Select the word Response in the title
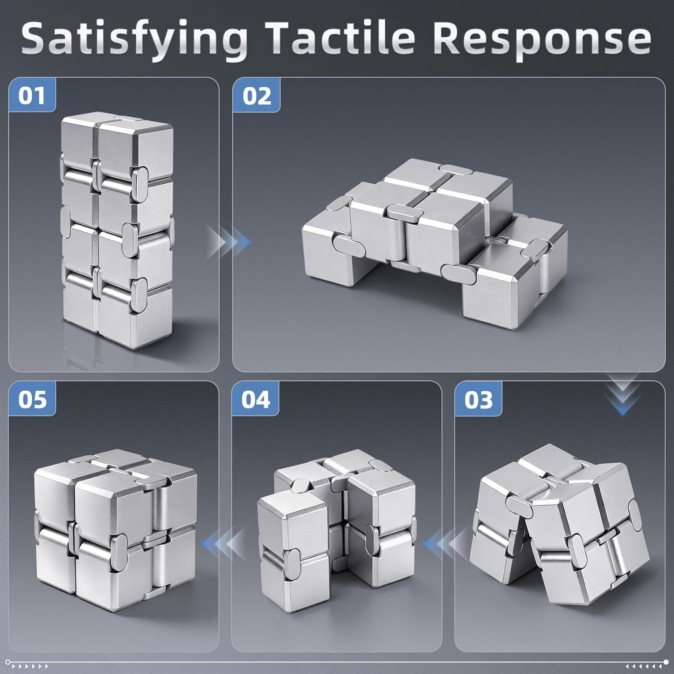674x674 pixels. point(544,42)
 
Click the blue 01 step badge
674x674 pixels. point(32,95)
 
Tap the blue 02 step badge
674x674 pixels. point(257,95)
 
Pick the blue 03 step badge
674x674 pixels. point(478,399)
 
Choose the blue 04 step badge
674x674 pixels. point(255,399)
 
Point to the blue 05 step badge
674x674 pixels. point(32,399)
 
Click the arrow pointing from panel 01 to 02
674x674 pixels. point(228,242)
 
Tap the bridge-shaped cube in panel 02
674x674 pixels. point(434,243)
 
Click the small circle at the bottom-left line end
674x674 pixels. point(8,662)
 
